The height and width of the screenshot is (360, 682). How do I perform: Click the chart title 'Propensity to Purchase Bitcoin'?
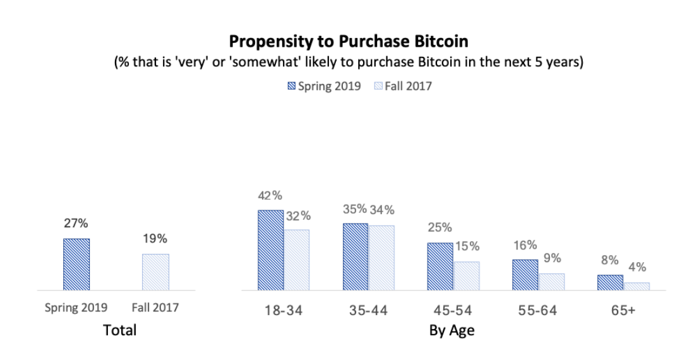click(349, 42)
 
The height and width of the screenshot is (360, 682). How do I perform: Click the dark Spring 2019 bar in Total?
click(76, 265)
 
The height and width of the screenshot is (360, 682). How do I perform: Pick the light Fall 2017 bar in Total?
click(155, 272)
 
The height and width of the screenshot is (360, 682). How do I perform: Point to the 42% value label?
click(270, 196)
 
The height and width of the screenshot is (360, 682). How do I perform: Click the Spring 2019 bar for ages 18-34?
click(271, 250)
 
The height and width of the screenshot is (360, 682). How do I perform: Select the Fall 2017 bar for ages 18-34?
click(297, 260)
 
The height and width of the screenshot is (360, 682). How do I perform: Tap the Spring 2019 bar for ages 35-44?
click(356, 256)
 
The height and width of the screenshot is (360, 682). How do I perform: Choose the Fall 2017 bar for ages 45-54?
click(467, 276)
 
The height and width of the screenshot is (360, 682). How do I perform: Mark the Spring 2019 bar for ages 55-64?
click(525, 275)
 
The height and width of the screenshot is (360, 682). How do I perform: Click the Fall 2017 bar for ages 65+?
click(637, 286)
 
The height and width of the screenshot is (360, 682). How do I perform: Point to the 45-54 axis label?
click(453, 310)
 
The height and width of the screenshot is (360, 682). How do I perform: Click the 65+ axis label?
click(623, 310)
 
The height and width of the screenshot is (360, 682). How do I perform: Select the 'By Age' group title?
click(452, 330)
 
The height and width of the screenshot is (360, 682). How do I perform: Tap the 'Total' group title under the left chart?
click(120, 330)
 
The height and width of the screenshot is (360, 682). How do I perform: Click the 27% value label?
click(76, 224)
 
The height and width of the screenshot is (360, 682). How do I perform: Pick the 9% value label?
click(552, 258)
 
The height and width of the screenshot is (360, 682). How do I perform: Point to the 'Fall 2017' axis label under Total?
click(155, 308)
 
